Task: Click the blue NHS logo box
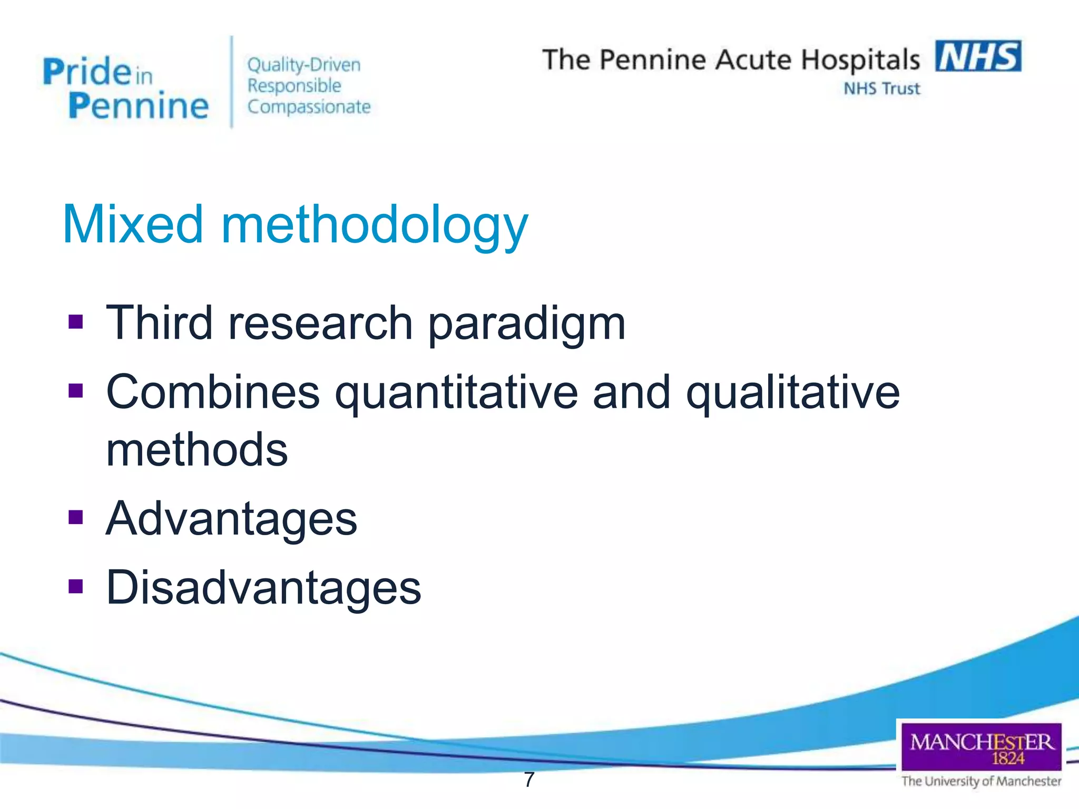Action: [978, 56]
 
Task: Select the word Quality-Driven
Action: [304, 65]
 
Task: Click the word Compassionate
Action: [309, 107]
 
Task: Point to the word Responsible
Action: [295, 86]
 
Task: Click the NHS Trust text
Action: [881, 88]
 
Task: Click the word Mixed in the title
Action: [132, 225]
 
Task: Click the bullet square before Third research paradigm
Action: [76, 321]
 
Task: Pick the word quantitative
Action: [456, 393]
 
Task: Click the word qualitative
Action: [792, 393]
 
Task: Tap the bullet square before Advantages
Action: [76, 518]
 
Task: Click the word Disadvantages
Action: [263, 588]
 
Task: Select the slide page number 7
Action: [529, 780]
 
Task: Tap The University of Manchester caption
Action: [981, 781]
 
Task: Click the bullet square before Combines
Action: [76, 391]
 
